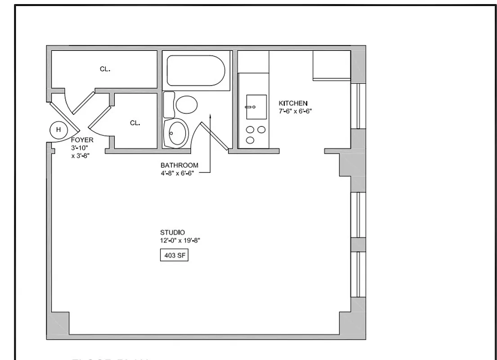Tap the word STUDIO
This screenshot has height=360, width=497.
pos(172,233)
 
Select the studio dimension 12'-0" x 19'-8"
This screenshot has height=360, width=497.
pos(180,240)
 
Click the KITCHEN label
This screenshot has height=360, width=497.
pos(293,103)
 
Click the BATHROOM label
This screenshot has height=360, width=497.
pos(179,165)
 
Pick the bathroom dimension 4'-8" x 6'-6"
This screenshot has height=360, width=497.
pos(179,172)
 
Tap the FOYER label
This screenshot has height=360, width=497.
pos(82,140)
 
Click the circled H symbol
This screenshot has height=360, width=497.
pos(58,130)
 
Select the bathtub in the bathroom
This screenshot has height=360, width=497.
pos(196,70)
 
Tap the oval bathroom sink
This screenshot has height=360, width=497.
pos(176,133)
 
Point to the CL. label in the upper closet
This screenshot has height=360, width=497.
pos(105,69)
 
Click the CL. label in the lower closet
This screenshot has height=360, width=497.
pos(135,123)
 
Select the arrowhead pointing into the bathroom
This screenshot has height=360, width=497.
pos(210,116)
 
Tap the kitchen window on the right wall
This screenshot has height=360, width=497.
pos(358,106)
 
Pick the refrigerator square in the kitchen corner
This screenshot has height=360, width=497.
pos(331,64)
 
